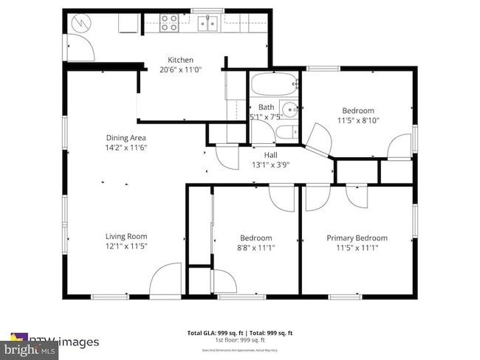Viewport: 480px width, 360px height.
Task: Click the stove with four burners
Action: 170,24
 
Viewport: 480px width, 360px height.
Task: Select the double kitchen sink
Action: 207,24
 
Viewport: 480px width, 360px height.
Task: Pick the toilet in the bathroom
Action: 287,134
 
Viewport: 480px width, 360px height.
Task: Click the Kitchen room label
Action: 180,60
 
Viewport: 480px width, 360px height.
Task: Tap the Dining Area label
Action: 126,137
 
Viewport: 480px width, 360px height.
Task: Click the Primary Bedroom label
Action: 357,238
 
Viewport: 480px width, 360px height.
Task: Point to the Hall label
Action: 270,155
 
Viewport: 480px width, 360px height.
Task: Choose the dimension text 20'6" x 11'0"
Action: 180,70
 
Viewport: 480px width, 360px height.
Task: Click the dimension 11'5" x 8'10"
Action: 356,120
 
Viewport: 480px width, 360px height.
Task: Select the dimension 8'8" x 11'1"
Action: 256,248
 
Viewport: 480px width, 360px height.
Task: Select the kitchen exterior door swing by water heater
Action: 80,49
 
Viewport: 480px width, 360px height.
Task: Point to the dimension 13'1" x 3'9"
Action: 270,165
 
